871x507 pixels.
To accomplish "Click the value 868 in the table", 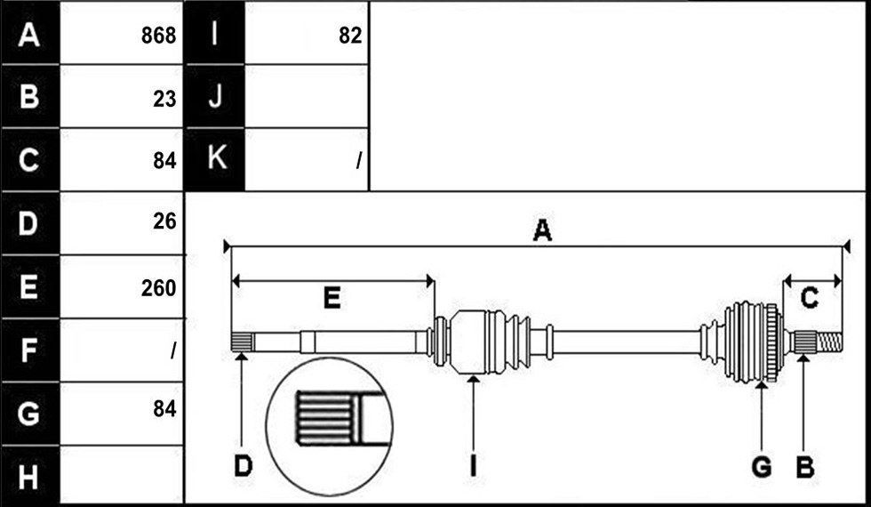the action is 159,36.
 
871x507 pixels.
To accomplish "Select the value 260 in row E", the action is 159,288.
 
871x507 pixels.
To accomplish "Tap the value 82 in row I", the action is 350,36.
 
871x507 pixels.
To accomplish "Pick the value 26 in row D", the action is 165,221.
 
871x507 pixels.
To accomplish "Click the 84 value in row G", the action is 165,409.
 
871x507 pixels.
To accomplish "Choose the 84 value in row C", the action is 165,161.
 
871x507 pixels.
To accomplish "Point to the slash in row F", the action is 173,350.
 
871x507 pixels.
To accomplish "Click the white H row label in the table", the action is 28,477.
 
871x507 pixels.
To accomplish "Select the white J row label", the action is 215,96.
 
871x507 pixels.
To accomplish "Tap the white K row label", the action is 216,158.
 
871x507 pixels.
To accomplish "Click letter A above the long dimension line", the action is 542,230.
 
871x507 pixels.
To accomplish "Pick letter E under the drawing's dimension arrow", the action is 332,299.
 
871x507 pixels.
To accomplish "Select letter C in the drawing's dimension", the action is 810,299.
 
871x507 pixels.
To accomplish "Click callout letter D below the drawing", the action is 243,467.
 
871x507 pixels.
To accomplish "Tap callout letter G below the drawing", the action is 762,467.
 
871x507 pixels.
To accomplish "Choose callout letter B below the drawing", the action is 805,467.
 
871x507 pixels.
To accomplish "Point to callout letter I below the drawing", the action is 473,467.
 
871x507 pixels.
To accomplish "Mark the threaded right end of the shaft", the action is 828,342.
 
